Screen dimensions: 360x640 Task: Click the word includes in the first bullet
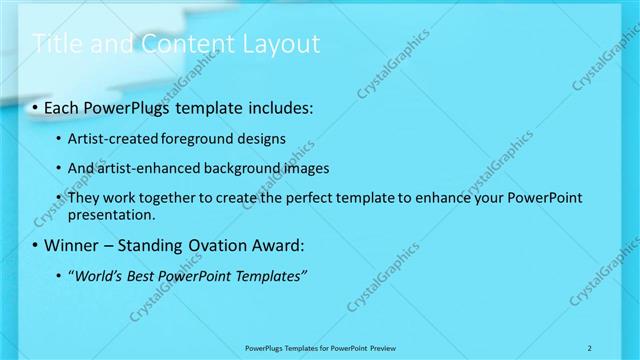pos(273,106)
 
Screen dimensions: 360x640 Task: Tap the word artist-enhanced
pos(147,168)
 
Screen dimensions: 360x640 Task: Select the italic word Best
pos(143,275)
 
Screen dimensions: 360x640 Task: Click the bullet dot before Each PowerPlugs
pos(36,106)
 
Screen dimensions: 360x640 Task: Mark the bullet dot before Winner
pos(36,245)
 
